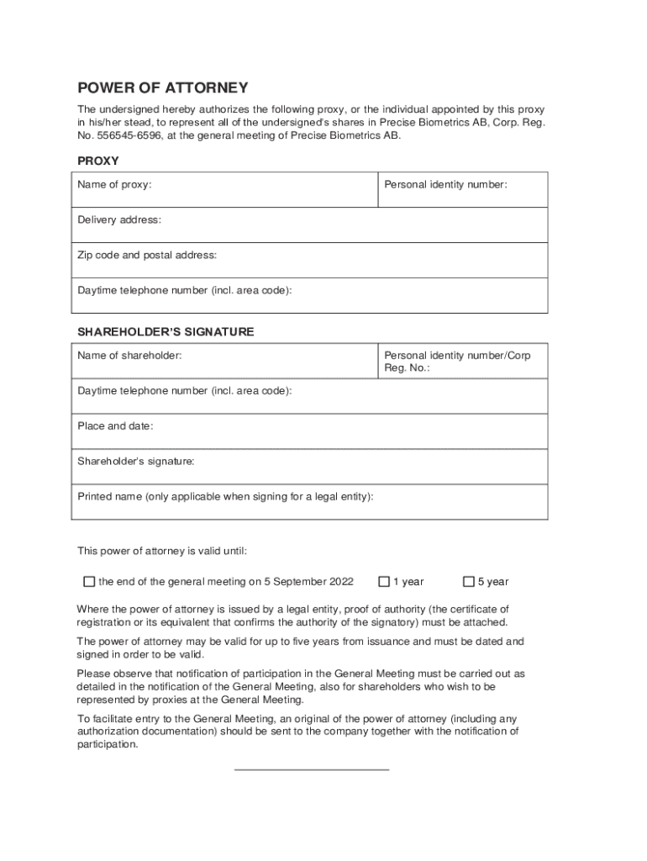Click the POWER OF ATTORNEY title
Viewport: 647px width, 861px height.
click(x=163, y=87)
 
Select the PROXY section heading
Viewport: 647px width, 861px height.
click(x=97, y=160)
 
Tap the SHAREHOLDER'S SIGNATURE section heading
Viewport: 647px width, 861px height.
click(x=166, y=332)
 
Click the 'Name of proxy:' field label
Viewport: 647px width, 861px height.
click(x=114, y=184)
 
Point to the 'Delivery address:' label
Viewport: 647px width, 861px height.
click(x=119, y=219)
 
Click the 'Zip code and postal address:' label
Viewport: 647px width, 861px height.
click(x=147, y=255)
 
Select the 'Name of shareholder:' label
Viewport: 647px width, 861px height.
click(x=129, y=356)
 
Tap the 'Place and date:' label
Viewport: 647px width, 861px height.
click(x=115, y=426)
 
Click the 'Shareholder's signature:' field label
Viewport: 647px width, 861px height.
click(x=136, y=462)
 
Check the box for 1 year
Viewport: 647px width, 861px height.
click(x=384, y=581)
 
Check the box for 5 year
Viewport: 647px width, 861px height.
click(x=470, y=581)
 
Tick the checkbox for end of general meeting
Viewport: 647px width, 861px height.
click(x=89, y=581)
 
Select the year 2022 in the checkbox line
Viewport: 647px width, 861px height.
click(x=341, y=582)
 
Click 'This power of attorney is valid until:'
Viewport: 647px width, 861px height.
click(x=162, y=552)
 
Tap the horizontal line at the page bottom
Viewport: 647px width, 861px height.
click(x=311, y=769)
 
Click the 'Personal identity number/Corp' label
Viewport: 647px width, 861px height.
click(x=457, y=356)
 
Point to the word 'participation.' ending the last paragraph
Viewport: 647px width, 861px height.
click(x=107, y=744)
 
